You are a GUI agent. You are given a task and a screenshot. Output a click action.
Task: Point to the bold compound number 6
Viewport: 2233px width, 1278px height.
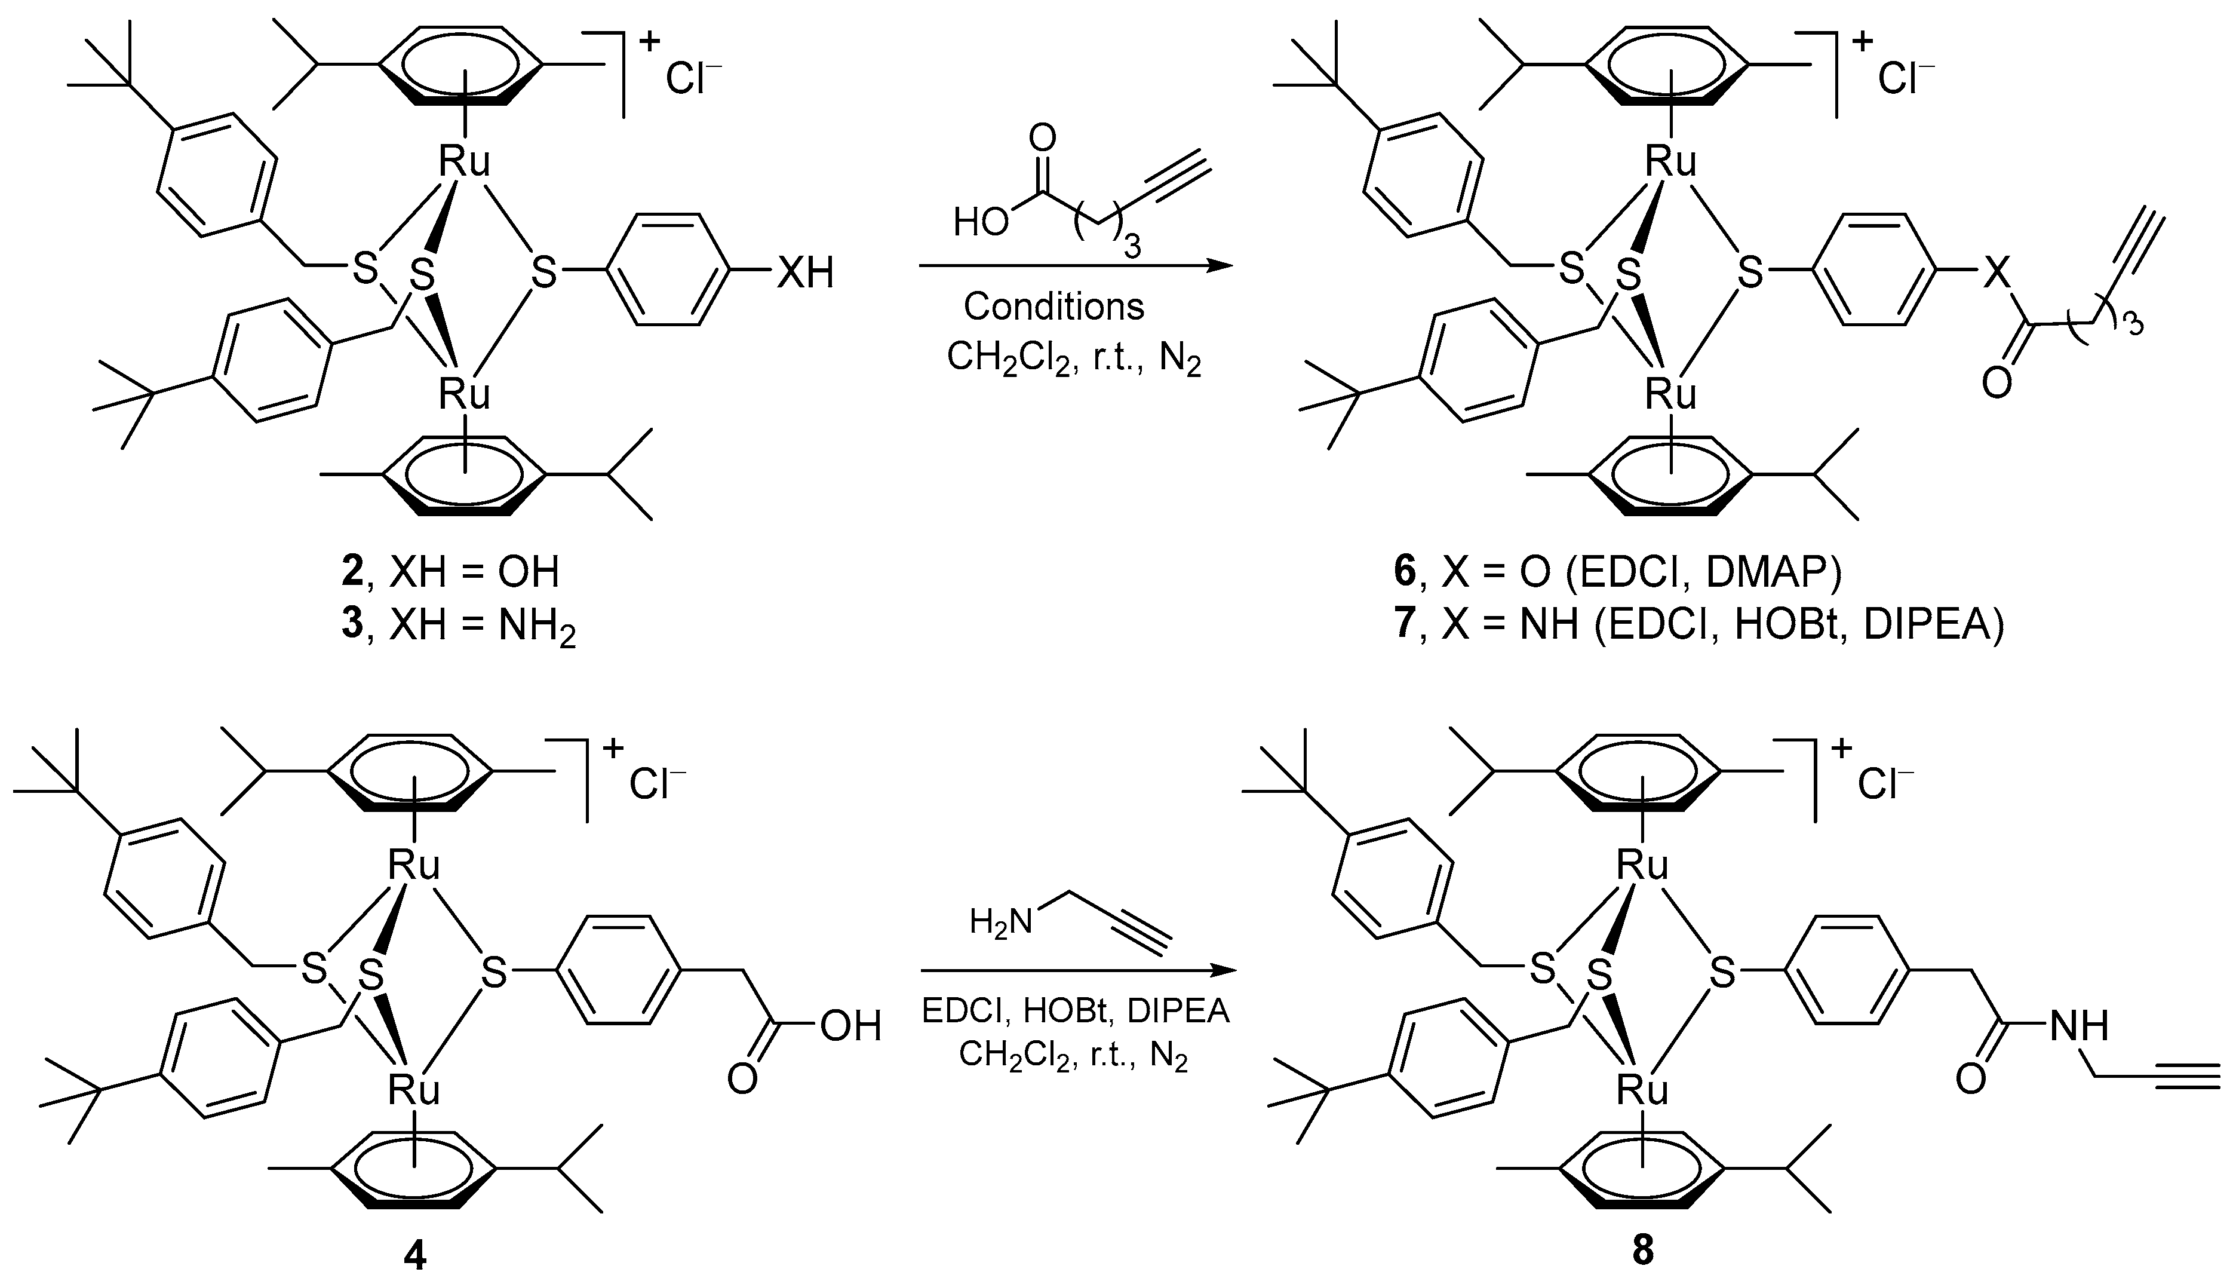click(1404, 572)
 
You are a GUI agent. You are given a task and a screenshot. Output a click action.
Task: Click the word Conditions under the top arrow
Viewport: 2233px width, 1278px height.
click(1053, 307)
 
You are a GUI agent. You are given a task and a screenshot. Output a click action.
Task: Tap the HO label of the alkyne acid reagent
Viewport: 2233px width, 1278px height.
click(981, 223)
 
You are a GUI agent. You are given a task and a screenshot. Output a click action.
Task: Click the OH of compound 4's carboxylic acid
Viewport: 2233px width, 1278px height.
click(851, 1026)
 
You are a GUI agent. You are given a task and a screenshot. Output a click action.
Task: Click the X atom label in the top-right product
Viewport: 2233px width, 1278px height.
click(1996, 273)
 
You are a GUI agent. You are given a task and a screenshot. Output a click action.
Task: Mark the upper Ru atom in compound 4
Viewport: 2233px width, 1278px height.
click(414, 866)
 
